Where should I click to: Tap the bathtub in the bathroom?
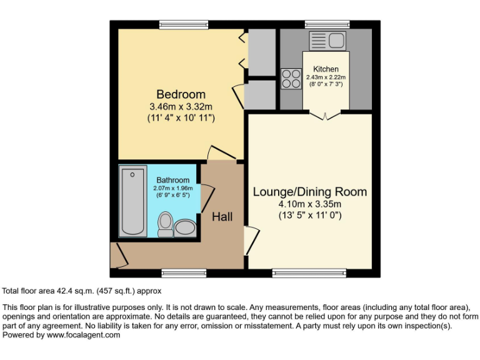(x=132, y=201)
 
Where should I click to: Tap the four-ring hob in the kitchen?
(x=291, y=79)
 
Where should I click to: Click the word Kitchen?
(x=326, y=69)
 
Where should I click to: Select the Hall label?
(x=222, y=217)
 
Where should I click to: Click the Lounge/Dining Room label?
(x=309, y=191)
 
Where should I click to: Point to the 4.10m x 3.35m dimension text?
(x=309, y=204)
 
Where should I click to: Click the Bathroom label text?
(x=172, y=180)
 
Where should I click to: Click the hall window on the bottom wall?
(x=175, y=272)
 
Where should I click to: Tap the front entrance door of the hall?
(x=116, y=254)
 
